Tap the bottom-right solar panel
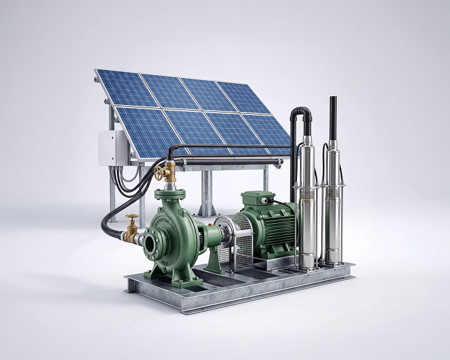pyautogui.click(x=265, y=132)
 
